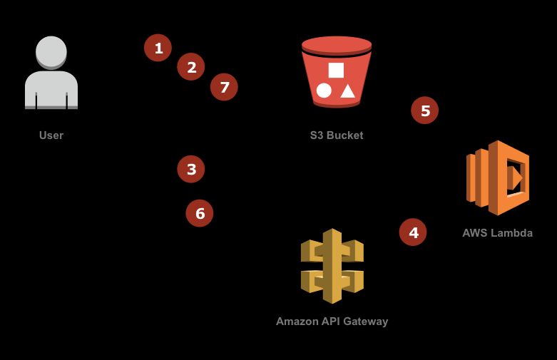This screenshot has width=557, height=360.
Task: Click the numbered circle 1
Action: click(x=158, y=48)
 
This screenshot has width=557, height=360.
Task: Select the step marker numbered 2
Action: click(x=191, y=67)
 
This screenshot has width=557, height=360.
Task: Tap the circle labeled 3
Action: click(x=191, y=170)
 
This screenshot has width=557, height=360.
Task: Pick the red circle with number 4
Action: click(x=413, y=232)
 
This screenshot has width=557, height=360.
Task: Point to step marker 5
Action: click(x=425, y=110)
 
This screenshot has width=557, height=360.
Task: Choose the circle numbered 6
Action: click(x=200, y=213)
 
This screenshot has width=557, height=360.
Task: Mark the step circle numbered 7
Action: click(x=224, y=87)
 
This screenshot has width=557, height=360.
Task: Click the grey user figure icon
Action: click(x=51, y=75)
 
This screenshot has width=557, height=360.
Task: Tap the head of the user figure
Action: click(x=51, y=51)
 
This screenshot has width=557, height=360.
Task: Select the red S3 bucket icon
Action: click(x=337, y=71)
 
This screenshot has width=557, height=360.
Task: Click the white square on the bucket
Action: click(x=336, y=70)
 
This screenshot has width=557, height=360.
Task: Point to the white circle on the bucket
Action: click(x=324, y=91)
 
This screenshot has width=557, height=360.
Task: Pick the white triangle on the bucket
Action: click(x=347, y=91)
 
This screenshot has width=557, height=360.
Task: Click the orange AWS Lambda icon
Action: click(x=498, y=178)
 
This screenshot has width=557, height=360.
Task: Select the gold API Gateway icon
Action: click(x=332, y=265)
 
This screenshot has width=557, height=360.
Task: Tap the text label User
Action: click(x=51, y=135)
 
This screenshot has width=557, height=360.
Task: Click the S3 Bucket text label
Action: click(x=337, y=135)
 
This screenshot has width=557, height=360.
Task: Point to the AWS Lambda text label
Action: click(x=497, y=233)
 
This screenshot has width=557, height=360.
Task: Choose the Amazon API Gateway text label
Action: click(x=332, y=322)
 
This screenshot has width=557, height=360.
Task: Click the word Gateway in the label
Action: click(x=364, y=322)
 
